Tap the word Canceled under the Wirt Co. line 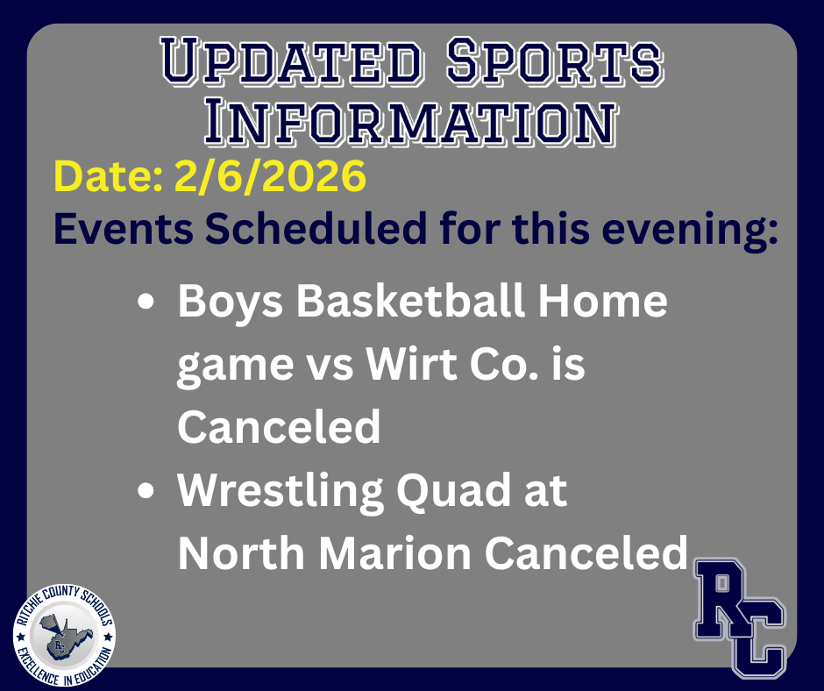279,428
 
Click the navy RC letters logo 739,618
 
